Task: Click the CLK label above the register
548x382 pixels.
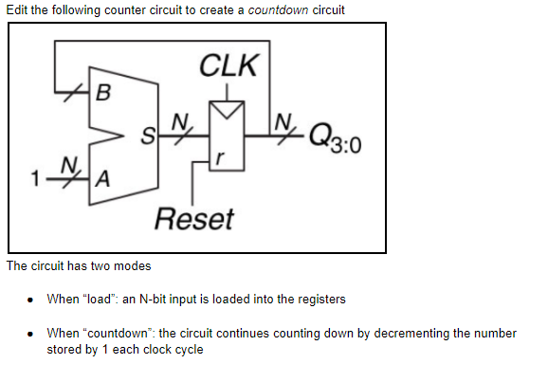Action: pyautogui.click(x=228, y=66)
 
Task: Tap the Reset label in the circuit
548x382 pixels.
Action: pyautogui.click(x=193, y=219)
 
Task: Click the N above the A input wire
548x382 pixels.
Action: pyautogui.click(x=66, y=164)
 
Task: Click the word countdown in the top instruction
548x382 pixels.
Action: pyautogui.click(x=278, y=9)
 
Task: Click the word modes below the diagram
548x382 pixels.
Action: pyautogui.click(x=130, y=265)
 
